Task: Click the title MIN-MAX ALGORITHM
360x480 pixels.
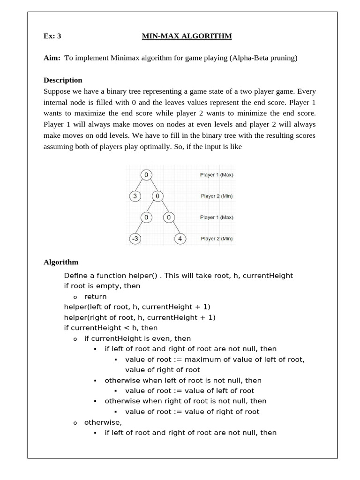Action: [187, 36]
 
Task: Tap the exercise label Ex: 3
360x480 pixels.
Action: [52, 36]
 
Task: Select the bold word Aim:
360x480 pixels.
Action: [52, 58]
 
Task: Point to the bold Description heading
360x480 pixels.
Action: [63, 80]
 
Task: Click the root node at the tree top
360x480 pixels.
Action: [146, 175]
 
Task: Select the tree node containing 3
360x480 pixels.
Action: [135, 196]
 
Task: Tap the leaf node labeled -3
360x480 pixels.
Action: [135, 239]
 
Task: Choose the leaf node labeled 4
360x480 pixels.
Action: [180, 239]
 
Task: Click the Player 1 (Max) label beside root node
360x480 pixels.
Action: [217, 175]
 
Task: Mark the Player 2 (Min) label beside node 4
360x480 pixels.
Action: [217, 239]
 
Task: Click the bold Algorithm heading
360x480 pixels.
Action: [61, 262]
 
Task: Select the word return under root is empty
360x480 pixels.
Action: [95, 297]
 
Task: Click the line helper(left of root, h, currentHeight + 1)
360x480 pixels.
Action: [137, 307]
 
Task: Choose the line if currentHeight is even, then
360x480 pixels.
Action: [137, 338]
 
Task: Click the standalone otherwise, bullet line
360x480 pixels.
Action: [103, 422]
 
